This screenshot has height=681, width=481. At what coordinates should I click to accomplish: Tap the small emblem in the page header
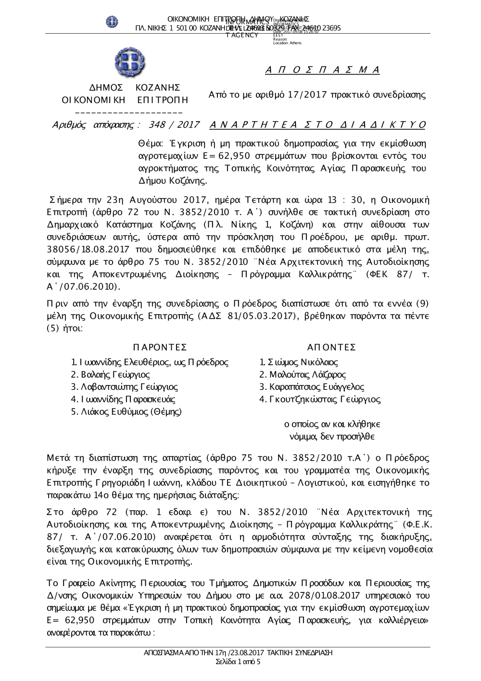pyautogui.click(x=112, y=21)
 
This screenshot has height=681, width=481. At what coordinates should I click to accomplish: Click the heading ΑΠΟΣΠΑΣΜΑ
pyautogui.click(x=322, y=70)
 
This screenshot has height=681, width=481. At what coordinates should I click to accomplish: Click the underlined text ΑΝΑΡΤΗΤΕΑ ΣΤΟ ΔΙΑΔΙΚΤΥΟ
pyautogui.click(x=318, y=125)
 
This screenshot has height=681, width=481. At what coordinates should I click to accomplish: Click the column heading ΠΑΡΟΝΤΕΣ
pyautogui.click(x=159, y=347)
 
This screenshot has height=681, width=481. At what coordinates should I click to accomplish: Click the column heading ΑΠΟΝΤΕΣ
pyautogui.click(x=331, y=347)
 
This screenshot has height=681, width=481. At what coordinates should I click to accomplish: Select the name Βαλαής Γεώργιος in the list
pyautogui.click(x=110, y=374)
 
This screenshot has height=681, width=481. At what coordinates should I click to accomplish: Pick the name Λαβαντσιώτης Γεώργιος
pyautogui.click(x=124, y=387)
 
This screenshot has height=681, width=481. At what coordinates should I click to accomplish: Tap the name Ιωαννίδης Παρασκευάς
pyautogui.click(x=123, y=399)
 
